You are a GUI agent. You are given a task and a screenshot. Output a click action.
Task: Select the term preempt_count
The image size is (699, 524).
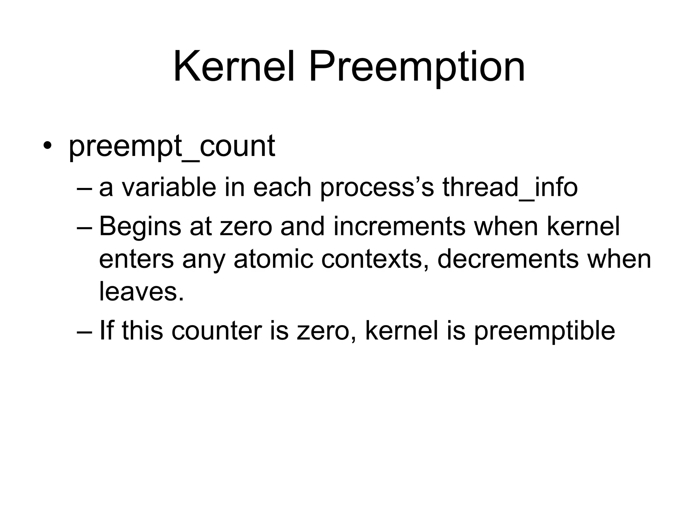(172, 147)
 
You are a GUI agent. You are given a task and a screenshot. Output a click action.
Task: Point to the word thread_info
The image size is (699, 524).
(510, 188)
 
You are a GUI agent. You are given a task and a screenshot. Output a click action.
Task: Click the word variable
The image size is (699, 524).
(169, 188)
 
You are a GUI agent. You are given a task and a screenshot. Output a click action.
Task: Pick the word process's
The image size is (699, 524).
(377, 188)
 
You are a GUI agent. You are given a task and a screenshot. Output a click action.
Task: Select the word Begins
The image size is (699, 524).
(140, 227)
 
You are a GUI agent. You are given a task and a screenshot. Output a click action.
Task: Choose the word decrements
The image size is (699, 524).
(508, 260)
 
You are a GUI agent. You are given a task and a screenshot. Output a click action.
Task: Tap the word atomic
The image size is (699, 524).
(273, 260)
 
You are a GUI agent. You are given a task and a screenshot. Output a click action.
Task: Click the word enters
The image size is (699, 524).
(137, 260)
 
